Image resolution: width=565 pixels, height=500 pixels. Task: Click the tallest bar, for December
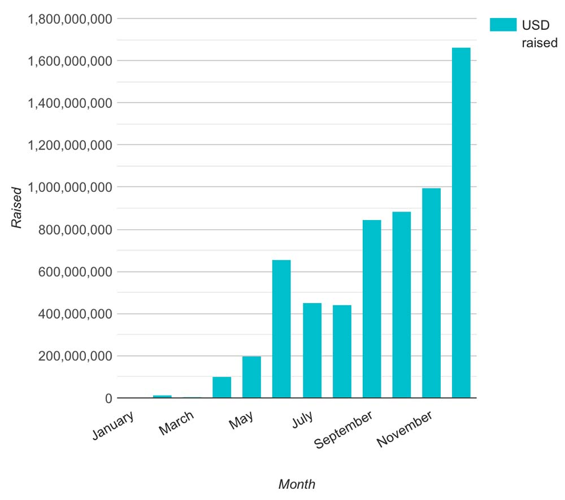coord(461,223)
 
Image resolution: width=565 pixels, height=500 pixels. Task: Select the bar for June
coord(281,329)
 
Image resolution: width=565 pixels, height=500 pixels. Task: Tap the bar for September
coord(372,309)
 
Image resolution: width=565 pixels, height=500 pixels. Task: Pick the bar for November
coord(431,293)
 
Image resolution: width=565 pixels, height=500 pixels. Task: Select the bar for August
coord(342,352)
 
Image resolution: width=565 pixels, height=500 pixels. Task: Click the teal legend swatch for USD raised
coord(503,25)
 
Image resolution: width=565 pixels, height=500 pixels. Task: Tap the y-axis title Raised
coord(17,208)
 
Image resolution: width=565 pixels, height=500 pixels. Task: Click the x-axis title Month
coord(297,484)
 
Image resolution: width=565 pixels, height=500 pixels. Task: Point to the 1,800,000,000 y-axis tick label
coord(69,19)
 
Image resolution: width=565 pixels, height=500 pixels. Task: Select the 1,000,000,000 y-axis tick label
coord(69,187)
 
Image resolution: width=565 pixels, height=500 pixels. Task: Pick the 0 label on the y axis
coord(107,398)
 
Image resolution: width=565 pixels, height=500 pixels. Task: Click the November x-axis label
coord(405,429)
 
